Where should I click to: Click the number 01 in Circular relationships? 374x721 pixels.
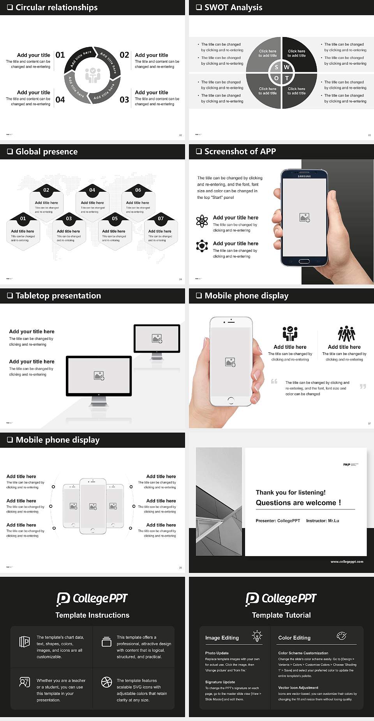click(60, 55)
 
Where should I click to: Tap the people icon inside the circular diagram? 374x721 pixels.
click(93, 75)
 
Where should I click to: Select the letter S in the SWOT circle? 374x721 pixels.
click(276, 67)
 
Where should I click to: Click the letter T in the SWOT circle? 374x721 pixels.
click(287, 78)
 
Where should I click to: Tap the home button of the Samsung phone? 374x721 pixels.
click(304, 261)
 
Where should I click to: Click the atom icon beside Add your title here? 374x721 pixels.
click(202, 221)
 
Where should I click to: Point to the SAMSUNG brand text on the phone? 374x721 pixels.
click(304, 177)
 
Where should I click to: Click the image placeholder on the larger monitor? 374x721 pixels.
click(99, 376)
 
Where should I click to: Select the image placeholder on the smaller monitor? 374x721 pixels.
click(157, 339)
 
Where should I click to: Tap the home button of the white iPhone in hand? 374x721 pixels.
click(231, 400)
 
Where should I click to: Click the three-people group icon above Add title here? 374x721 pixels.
click(346, 334)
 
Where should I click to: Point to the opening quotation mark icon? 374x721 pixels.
click(274, 381)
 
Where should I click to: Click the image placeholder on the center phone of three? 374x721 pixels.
click(93, 506)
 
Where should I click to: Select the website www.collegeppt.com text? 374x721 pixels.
click(347, 562)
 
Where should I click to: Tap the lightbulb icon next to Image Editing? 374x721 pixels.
click(257, 636)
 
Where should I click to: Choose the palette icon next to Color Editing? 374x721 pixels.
click(341, 636)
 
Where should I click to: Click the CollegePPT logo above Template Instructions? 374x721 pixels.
click(92, 599)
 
